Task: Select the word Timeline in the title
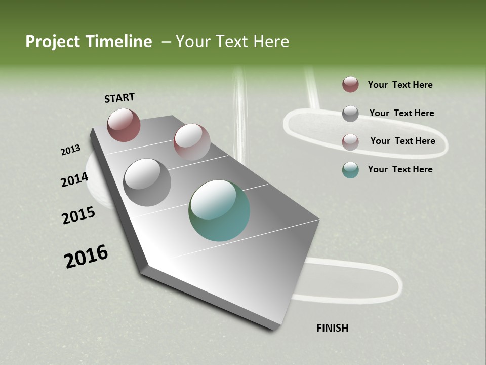pyautogui.click(x=120, y=42)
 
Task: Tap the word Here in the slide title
pyautogui.click(x=271, y=42)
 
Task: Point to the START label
pyautogui.click(x=119, y=98)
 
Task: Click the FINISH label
pyautogui.click(x=332, y=328)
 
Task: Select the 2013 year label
pyautogui.click(x=70, y=150)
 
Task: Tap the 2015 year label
pyautogui.click(x=78, y=215)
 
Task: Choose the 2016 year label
pyautogui.click(x=86, y=257)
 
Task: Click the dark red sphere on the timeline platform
pyautogui.click(x=124, y=125)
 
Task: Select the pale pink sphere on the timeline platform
pyautogui.click(x=192, y=142)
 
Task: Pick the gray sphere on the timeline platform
pyautogui.click(x=147, y=182)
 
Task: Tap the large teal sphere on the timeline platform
pyautogui.click(x=219, y=210)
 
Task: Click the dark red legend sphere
pyautogui.click(x=350, y=84)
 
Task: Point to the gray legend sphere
pyautogui.click(x=350, y=114)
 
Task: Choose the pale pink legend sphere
pyautogui.click(x=350, y=141)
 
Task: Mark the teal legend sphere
pyautogui.click(x=350, y=170)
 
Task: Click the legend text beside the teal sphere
pyautogui.click(x=400, y=169)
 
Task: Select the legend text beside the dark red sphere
pyautogui.click(x=400, y=85)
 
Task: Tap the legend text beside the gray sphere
pyautogui.click(x=401, y=113)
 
